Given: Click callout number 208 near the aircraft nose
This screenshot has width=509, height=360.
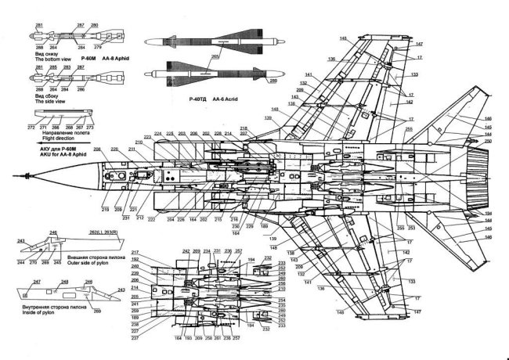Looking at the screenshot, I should [x=98, y=149].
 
